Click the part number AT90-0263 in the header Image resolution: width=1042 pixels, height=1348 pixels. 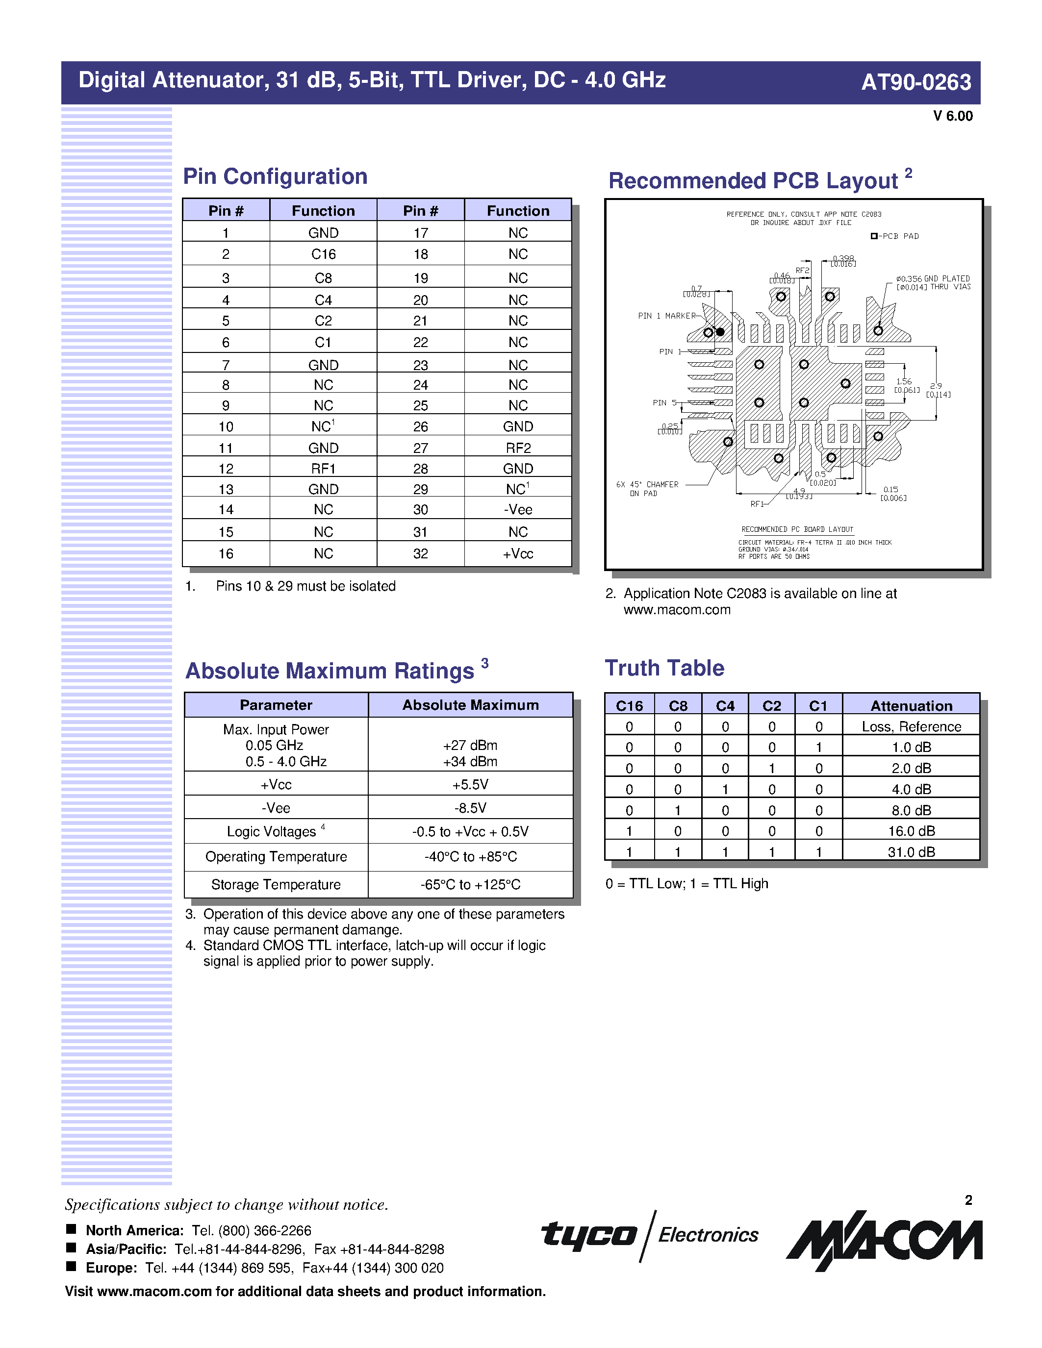[915, 82]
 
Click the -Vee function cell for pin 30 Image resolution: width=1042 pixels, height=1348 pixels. [517, 510]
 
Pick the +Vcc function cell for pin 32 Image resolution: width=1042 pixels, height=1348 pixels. [517, 553]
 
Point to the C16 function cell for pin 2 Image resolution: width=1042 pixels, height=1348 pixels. [323, 254]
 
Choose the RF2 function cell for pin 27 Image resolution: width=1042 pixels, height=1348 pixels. [517, 448]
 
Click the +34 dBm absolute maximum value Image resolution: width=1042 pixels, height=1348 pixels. [470, 762]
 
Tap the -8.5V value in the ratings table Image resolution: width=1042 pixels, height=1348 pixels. [470, 808]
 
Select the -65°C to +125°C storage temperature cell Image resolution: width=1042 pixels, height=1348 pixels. [470, 884]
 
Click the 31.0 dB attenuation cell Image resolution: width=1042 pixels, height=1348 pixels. [911, 852]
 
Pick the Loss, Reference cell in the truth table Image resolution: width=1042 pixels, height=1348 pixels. [911, 726]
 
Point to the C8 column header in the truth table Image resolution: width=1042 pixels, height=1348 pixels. [678, 705]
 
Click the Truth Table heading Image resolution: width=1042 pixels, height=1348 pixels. [664, 668]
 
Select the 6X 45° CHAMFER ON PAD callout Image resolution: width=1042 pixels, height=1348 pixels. [647, 489]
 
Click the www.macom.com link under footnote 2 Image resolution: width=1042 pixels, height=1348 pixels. [677, 610]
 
